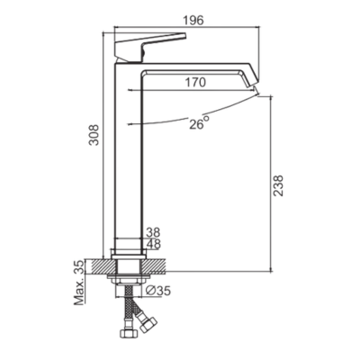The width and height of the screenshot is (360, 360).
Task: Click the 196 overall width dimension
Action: point(193,21)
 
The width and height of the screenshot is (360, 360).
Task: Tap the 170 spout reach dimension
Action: point(195,82)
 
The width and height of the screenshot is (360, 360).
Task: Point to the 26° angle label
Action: point(199,122)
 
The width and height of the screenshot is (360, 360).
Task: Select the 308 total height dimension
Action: point(94,135)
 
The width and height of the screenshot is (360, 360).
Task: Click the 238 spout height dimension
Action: point(279,185)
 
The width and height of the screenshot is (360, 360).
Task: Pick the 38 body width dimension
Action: point(153,232)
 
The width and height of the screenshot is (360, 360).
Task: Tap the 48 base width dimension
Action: point(153,244)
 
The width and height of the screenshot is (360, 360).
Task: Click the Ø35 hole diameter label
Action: point(159,290)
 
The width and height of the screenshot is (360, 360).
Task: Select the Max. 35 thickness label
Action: point(79,283)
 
